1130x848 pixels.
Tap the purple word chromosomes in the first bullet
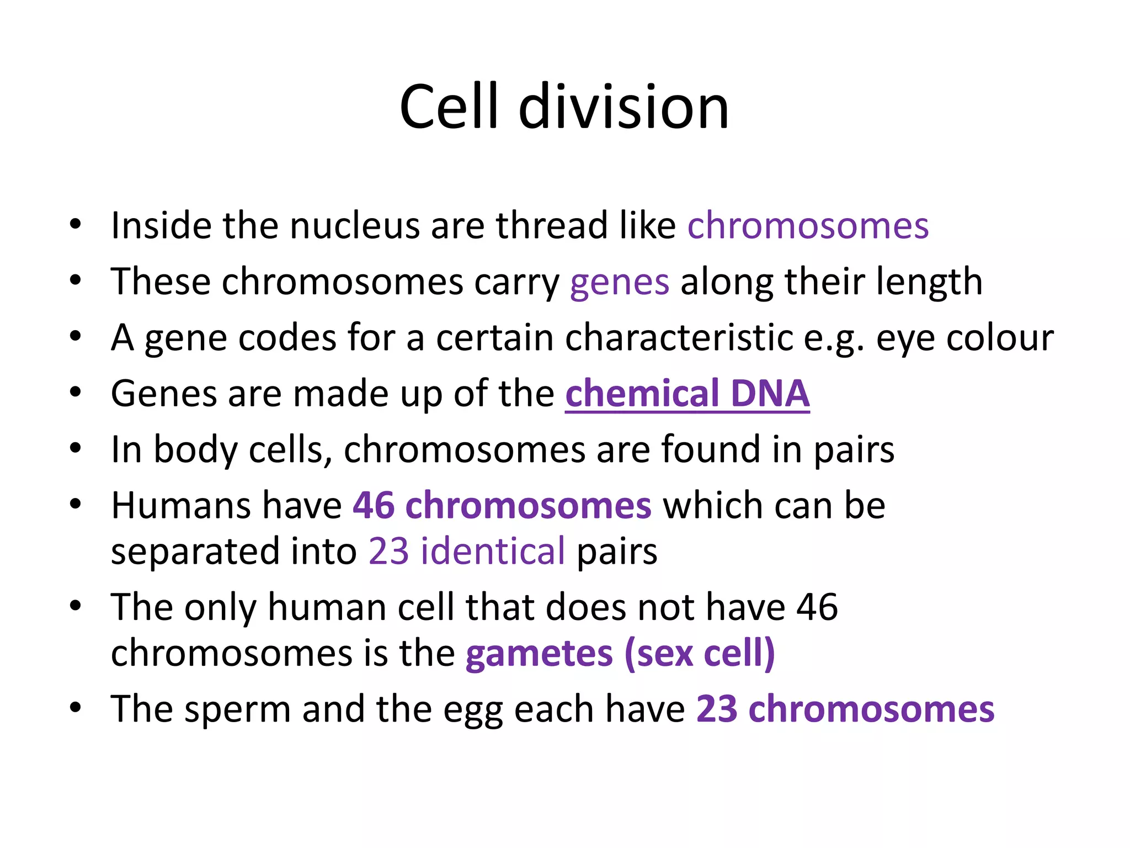pyautogui.click(x=808, y=226)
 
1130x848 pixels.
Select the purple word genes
pyautogui.click(x=619, y=283)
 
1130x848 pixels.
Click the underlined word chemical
pyautogui.click(x=642, y=394)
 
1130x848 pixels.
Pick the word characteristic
pyautogui.click(x=679, y=337)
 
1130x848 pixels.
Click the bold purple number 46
pyautogui.click(x=374, y=505)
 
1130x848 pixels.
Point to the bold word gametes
pyautogui.click(x=539, y=654)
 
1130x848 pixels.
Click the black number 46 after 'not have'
pyautogui.click(x=817, y=607)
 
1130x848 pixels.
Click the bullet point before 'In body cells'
pyautogui.click(x=76, y=448)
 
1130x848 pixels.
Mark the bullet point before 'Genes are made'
pyautogui.click(x=76, y=392)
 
